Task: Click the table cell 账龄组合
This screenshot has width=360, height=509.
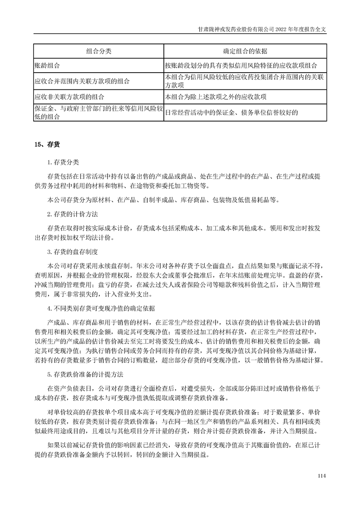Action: pyautogui.click(x=48, y=66)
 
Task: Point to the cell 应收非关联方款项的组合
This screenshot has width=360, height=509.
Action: pyautogui.click(x=69, y=97)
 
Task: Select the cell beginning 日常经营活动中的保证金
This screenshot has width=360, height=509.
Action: pyautogui.click(x=232, y=113)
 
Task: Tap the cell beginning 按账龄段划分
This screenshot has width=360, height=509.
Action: pyautogui.click(x=244, y=66)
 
